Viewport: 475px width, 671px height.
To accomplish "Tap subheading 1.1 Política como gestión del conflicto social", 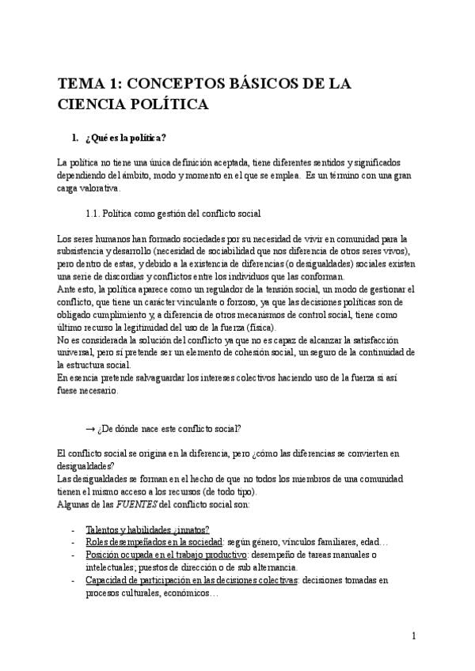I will (173, 214).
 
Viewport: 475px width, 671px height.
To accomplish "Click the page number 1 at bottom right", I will (414, 635).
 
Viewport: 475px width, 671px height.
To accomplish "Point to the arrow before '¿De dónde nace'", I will (89, 428).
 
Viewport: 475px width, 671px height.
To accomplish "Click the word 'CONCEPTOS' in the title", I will (172, 83).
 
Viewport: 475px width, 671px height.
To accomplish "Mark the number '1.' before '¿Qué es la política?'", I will (75, 139).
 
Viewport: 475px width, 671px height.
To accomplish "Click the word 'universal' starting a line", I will (77, 352).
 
